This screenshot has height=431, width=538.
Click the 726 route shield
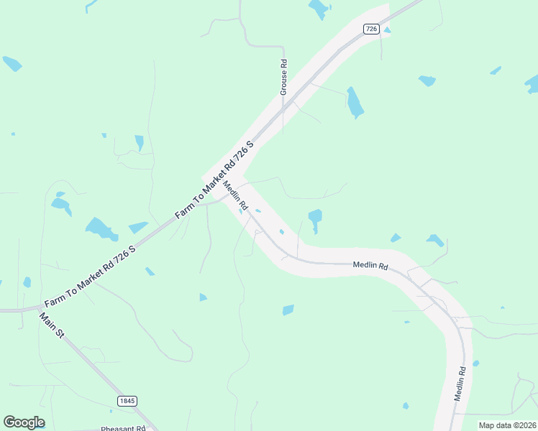[371, 29]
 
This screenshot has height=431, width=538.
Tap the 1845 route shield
[127, 401]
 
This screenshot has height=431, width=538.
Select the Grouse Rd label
[284, 77]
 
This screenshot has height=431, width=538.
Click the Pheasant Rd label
[123, 428]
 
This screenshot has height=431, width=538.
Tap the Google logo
[24, 422]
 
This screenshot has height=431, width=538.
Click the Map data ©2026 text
[507, 425]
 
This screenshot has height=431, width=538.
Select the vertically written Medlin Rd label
[460, 384]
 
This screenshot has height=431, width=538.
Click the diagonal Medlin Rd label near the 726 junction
[235, 195]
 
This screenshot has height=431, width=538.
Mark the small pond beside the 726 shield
[388, 30]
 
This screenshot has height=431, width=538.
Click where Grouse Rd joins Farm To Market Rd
[283, 109]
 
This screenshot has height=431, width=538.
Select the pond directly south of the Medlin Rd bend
[288, 310]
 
